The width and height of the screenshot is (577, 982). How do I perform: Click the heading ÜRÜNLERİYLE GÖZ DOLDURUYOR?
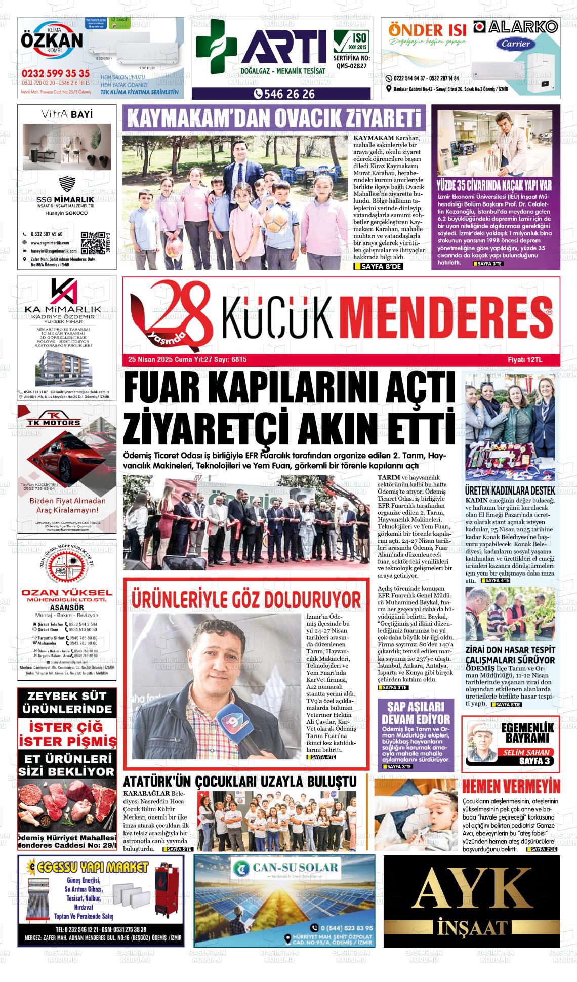pos(246,599)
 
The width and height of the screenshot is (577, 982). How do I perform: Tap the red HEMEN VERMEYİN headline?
pos(511,787)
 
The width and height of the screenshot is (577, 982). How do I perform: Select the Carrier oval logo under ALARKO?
pos(516,44)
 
